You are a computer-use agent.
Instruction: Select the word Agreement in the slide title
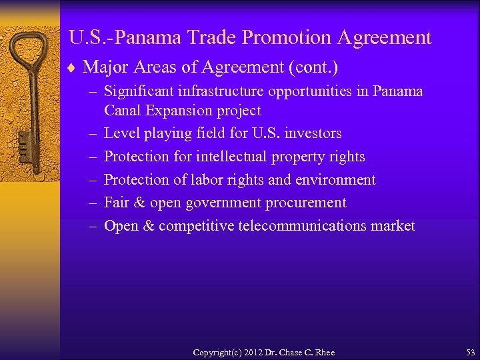(x=385, y=37)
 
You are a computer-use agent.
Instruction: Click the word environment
(x=335, y=180)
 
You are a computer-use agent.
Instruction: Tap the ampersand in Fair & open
(x=139, y=203)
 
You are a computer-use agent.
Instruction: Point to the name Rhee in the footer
(x=324, y=352)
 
